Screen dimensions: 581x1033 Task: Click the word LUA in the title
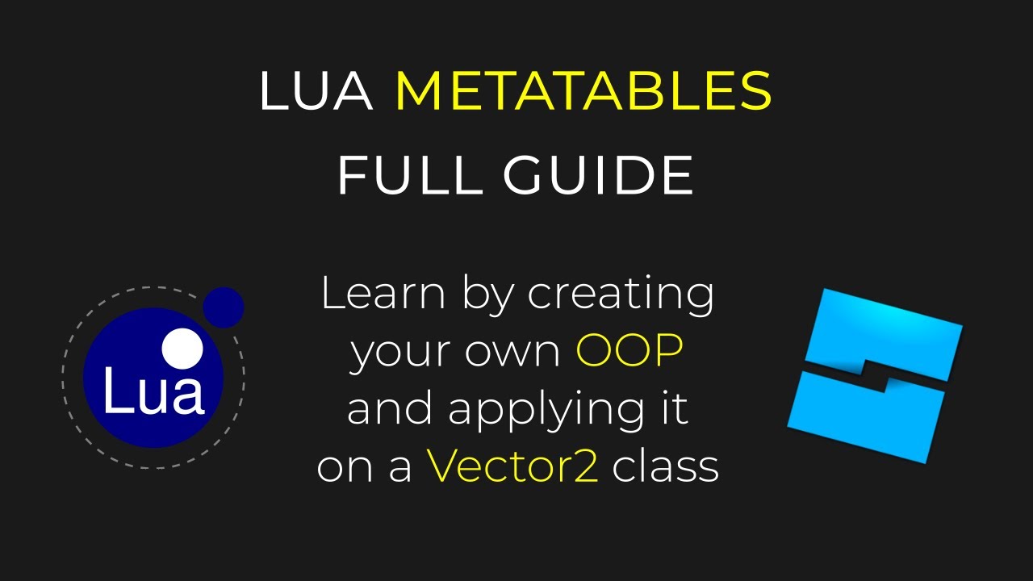(x=316, y=91)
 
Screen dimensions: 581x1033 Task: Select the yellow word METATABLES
(x=583, y=91)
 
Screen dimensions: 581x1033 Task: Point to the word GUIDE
(x=598, y=174)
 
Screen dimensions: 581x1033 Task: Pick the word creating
(x=621, y=295)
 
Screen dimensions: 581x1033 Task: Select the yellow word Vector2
(x=512, y=466)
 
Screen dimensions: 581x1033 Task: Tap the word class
(x=666, y=466)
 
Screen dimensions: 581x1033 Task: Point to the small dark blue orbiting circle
(x=224, y=307)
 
